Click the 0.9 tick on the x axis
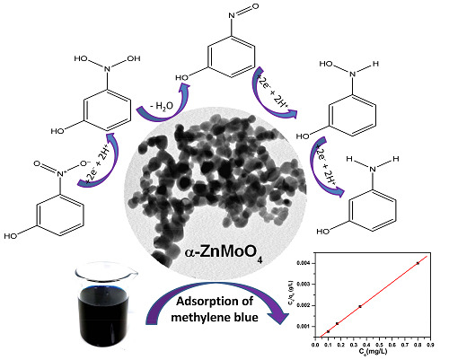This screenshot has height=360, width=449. click(x=430, y=343)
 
